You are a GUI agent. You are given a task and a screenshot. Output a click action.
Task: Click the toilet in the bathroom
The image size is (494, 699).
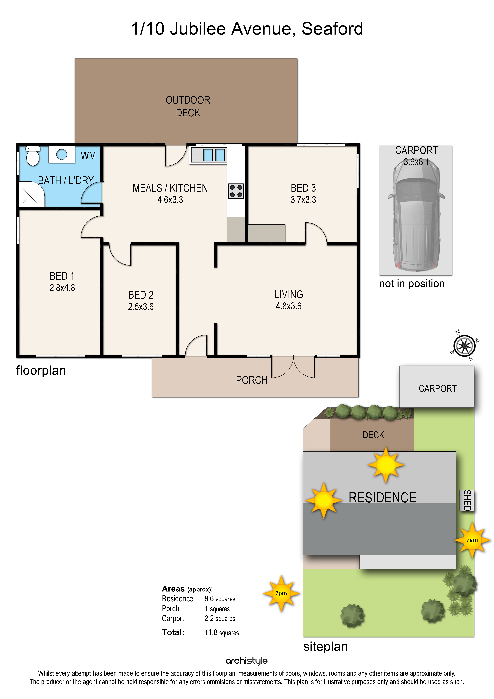(x=33, y=156)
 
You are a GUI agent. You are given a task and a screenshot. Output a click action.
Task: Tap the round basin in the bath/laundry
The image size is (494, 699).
(x=62, y=154)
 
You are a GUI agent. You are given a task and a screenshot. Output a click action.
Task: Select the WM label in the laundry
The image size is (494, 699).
(x=88, y=156)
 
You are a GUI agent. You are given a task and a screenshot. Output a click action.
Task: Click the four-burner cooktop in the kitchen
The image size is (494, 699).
(x=236, y=191)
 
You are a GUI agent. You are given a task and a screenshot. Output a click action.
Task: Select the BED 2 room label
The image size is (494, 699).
(x=141, y=295)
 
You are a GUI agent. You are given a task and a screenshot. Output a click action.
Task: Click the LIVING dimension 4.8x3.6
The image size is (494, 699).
(x=289, y=306)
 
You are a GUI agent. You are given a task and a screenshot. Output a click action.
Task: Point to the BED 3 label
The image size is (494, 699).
(x=303, y=188)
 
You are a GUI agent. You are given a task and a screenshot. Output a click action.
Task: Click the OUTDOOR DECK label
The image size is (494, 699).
(x=188, y=106)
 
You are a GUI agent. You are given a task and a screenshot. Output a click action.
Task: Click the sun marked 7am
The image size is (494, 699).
(x=472, y=540)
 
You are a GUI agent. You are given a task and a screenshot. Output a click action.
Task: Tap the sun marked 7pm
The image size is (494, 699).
(x=281, y=593)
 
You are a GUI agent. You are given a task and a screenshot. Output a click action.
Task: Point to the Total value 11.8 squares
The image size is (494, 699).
(x=222, y=633)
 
